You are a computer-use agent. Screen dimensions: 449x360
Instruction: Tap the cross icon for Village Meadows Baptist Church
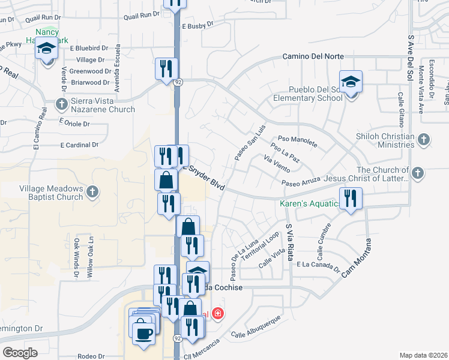pyautogui.click(x=92, y=192)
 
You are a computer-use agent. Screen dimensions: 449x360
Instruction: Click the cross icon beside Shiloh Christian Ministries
pyautogui.click(x=424, y=140)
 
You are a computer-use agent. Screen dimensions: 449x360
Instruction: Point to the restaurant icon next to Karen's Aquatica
pyautogui.click(x=351, y=198)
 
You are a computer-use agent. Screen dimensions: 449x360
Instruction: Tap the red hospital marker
pyautogui.click(x=217, y=314)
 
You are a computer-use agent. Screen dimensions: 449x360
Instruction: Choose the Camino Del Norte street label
pyautogui.click(x=313, y=56)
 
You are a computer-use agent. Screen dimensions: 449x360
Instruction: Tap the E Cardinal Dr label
pyautogui.click(x=79, y=145)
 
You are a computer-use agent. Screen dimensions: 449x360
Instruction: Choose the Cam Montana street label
pyautogui.click(x=357, y=258)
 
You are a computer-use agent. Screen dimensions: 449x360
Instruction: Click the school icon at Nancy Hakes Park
pyautogui.click(x=46, y=47)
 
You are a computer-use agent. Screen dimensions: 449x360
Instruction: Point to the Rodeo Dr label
pyautogui.click(x=91, y=355)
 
